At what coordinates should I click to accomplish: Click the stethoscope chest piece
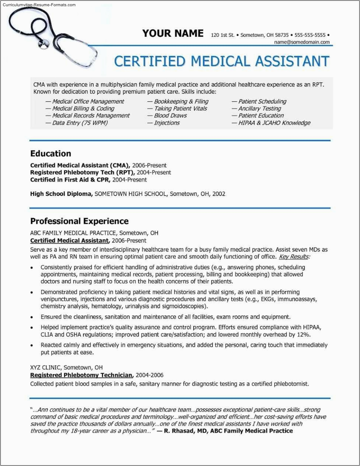pyautogui.click(x=44, y=44)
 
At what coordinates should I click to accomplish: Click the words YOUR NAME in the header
pyautogui.click(x=173, y=33)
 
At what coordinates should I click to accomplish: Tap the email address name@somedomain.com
pyautogui.click(x=302, y=42)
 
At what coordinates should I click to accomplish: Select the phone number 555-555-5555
pyautogui.click(x=310, y=35)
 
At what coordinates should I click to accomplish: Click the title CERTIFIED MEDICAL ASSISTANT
pyautogui.click(x=222, y=61)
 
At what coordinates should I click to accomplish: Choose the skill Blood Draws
pyautogui.click(x=170, y=115)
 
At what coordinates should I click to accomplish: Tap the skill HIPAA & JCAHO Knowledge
pyautogui.click(x=274, y=123)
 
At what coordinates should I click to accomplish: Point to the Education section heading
pyautogui.click(x=51, y=153)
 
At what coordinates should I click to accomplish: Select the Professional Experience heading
pyautogui.click(x=79, y=221)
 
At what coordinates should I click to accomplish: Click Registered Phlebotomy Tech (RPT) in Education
pyautogui.click(x=82, y=172)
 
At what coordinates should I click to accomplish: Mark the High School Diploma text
pyautogui.click(x=61, y=194)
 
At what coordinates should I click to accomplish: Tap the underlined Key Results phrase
pyautogui.click(x=294, y=257)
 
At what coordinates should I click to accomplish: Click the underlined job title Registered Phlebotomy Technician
pyautogui.click(x=81, y=375)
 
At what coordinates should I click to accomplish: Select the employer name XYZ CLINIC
pyautogui.click(x=45, y=367)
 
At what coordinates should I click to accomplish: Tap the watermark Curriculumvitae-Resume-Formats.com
pyautogui.click(x=39, y=5)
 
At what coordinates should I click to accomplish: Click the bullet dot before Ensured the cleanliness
pyautogui.click(x=32, y=317)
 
